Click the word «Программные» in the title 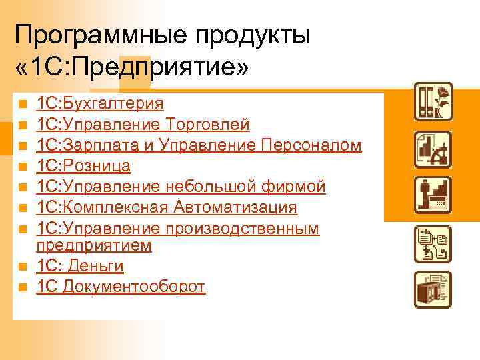[x=99, y=35]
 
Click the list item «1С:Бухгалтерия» [x=100, y=103]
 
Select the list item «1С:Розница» [x=83, y=165]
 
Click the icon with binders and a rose [x=433, y=101]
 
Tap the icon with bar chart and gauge [x=433, y=149]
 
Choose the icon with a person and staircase [x=433, y=197]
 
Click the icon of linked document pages [x=433, y=244]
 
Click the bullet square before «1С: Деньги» [x=22, y=267]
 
